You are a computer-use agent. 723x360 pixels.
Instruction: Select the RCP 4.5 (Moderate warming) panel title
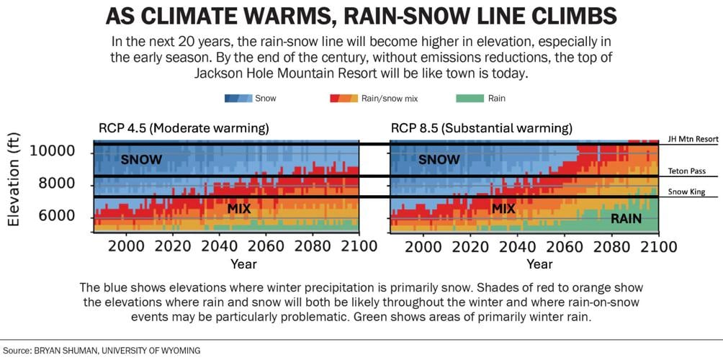[x=184, y=129]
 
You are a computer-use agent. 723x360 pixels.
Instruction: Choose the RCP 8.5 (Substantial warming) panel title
[x=481, y=129]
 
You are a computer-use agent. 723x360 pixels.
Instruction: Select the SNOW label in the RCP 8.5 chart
[x=439, y=160]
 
